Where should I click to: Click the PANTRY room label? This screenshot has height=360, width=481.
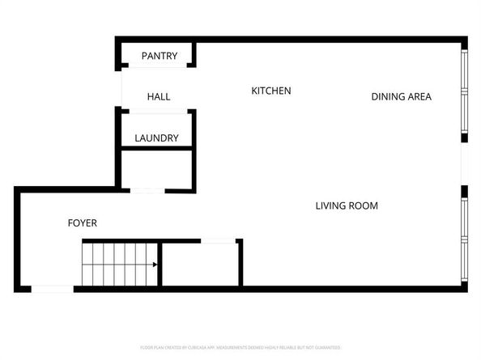tap(159, 56)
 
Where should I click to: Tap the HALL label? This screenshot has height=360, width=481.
tap(159, 97)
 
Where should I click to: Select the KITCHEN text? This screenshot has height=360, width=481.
tap(270, 91)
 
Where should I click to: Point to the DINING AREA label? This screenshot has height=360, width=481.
tap(401, 97)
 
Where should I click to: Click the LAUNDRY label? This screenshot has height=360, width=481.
tap(156, 138)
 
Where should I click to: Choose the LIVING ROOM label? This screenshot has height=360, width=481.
tap(346, 205)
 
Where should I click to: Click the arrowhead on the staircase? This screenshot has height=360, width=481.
tap(154, 265)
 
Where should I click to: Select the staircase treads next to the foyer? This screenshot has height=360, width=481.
tap(117, 265)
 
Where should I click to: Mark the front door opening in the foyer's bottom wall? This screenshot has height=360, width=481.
tap(52, 289)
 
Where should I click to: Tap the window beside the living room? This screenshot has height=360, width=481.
tap(464, 239)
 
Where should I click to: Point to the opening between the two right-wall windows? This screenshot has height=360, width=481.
tap(464, 165)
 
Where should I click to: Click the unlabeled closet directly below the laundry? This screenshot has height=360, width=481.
tap(156, 170)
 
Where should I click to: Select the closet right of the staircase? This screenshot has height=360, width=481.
tap(199, 264)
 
